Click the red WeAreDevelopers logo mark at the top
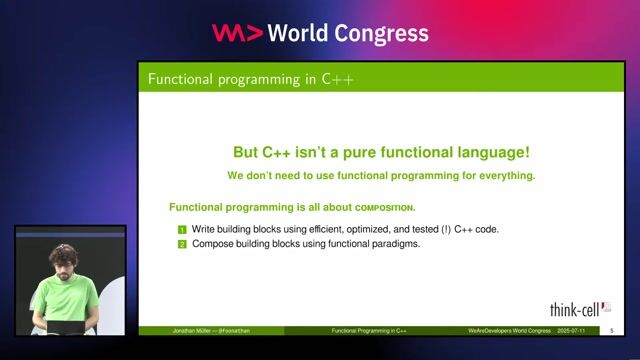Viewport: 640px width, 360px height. click(237, 33)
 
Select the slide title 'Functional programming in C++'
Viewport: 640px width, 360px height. click(250, 78)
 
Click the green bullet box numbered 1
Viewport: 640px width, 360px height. click(182, 230)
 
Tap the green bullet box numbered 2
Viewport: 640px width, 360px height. click(182, 243)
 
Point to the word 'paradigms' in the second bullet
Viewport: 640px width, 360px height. click(392, 243)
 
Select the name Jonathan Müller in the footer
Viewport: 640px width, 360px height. click(190, 330)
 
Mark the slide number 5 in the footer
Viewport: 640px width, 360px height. click(611, 330)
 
